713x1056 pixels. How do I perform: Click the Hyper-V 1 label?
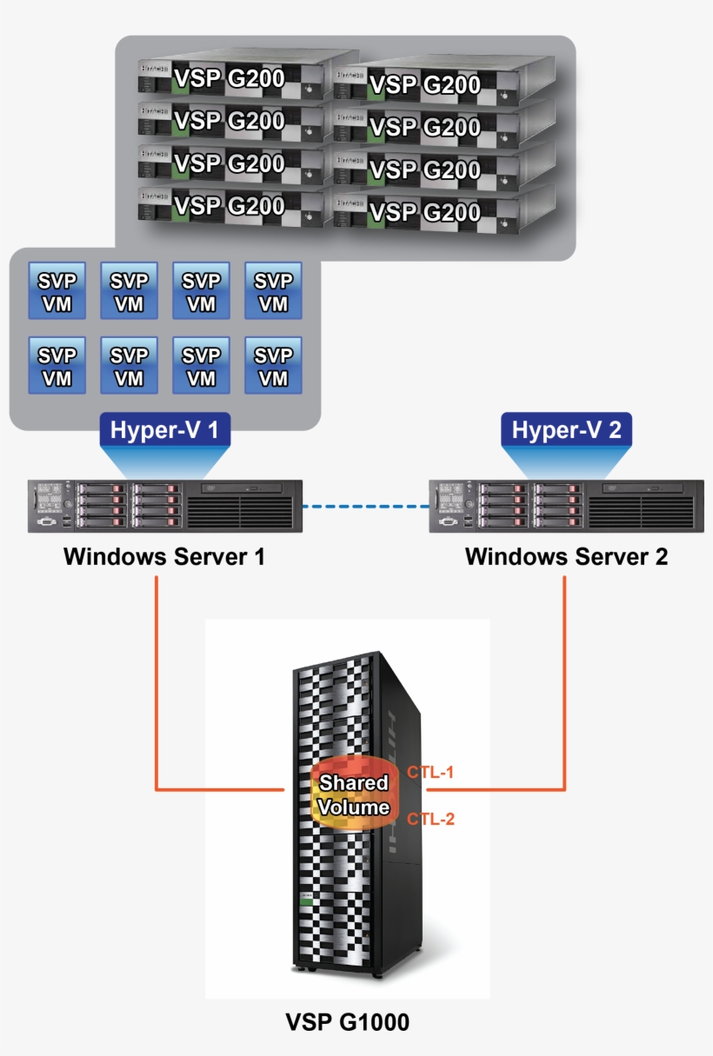point(165,430)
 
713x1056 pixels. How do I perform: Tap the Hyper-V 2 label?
point(566,430)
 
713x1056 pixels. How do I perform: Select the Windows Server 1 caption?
point(163,556)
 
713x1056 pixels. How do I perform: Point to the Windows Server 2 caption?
point(566,556)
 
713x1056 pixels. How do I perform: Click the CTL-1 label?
point(430,772)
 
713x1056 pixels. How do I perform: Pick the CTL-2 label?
point(430,819)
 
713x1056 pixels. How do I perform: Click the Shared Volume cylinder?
point(352,795)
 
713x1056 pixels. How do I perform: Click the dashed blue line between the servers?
point(365,504)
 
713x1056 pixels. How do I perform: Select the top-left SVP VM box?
point(57,291)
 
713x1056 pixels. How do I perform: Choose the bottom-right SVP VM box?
point(274,366)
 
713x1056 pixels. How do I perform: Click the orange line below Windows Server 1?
point(157,678)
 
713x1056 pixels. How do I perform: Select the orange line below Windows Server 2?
point(566,678)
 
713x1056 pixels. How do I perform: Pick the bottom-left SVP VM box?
point(57,366)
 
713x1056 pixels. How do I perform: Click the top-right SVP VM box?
point(274,291)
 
